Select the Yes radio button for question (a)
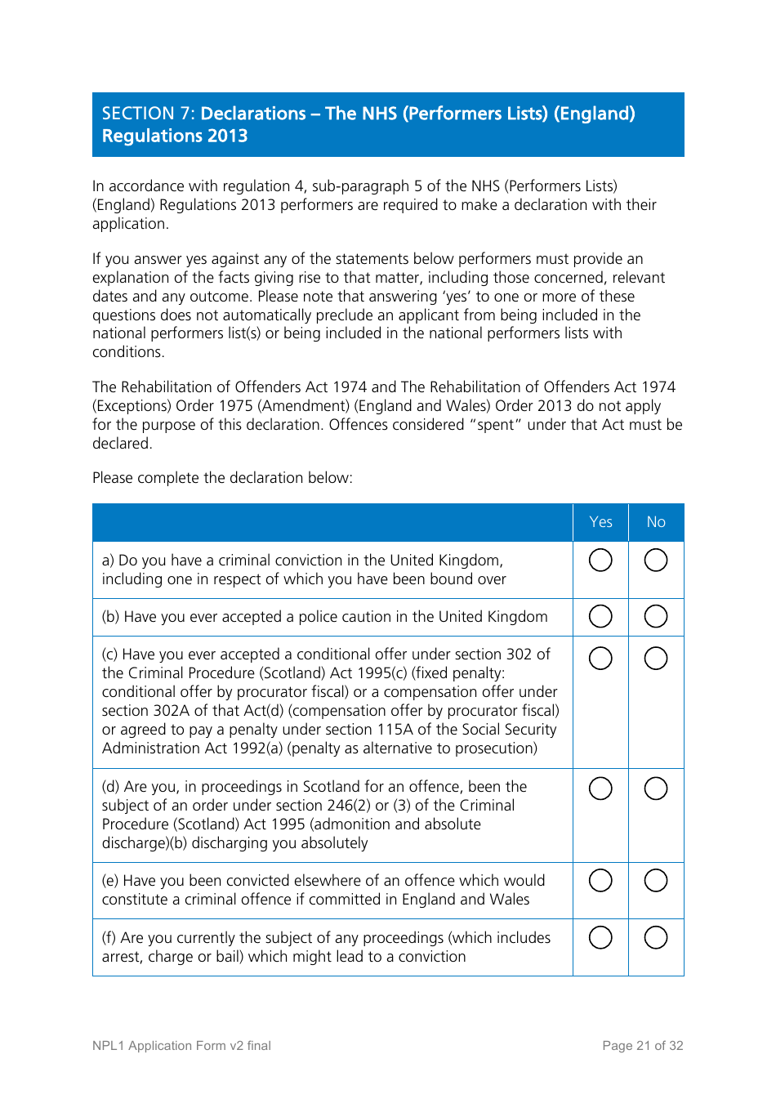600,560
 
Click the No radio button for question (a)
656,560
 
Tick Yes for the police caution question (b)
600,616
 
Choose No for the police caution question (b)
656,616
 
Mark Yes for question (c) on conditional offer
600,658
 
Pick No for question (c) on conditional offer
656,658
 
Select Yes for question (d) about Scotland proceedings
600,789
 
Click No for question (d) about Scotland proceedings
656,789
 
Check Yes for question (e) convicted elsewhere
600,880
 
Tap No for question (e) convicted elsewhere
656,880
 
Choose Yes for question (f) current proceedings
600,937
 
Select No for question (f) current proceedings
656,937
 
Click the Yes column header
600,522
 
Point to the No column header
656,522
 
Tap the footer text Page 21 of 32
642,1046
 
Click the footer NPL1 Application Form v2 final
181,1046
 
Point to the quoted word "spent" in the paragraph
495,425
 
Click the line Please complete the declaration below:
222,478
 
